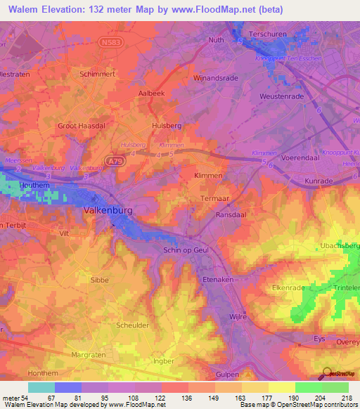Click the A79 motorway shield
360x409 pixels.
click(115, 162)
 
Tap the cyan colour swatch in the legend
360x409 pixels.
click(41, 387)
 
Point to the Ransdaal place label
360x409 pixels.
click(232, 214)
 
